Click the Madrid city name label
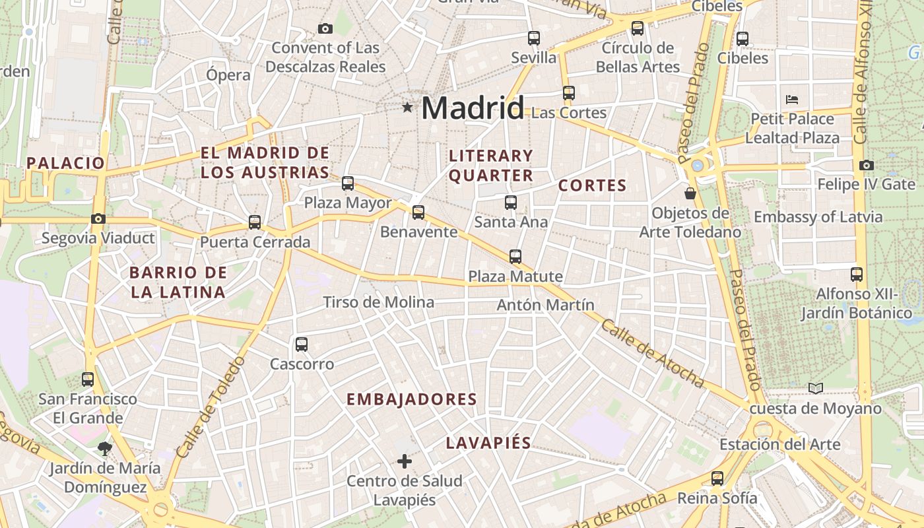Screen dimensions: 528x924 pyautogui.click(x=473, y=108)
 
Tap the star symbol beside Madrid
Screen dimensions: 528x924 pyautogui.click(x=407, y=107)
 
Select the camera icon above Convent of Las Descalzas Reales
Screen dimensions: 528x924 pyautogui.click(x=325, y=28)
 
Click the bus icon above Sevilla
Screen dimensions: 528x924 pyautogui.click(x=533, y=38)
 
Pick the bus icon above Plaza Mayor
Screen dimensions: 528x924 pyautogui.click(x=348, y=183)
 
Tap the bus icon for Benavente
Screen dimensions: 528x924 pyautogui.click(x=418, y=213)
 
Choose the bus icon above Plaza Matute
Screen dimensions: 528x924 pyautogui.click(x=515, y=257)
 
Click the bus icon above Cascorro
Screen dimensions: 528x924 pyautogui.click(x=302, y=345)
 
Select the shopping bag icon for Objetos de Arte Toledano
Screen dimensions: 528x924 pyautogui.click(x=690, y=193)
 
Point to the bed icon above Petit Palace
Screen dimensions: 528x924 pyautogui.click(x=793, y=100)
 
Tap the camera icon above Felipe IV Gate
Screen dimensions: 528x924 pyautogui.click(x=867, y=165)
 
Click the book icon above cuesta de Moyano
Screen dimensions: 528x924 pyautogui.click(x=816, y=389)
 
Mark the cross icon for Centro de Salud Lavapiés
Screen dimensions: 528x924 pyautogui.click(x=405, y=461)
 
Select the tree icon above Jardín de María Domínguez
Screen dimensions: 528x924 pyautogui.click(x=104, y=449)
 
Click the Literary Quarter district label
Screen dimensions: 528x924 pyautogui.click(x=490, y=166)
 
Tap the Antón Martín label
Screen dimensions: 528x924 pyautogui.click(x=545, y=305)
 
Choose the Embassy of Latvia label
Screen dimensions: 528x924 pyautogui.click(x=818, y=217)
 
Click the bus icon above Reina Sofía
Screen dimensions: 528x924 pyautogui.click(x=717, y=478)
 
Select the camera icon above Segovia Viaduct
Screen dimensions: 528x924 pyautogui.click(x=98, y=218)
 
